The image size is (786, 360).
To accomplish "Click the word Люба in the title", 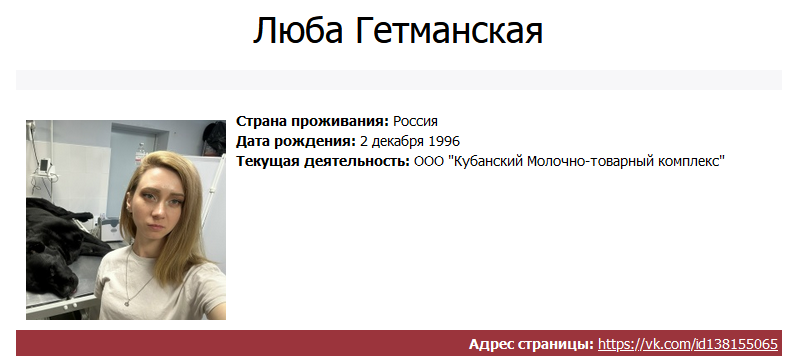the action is [298, 30].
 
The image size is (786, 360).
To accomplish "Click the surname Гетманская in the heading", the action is [450, 30].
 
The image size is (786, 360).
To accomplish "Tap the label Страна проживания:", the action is [312, 121].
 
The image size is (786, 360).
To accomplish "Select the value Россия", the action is [415, 121].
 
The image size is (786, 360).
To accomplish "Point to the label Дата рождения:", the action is [296, 141].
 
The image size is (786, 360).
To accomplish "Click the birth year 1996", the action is [444, 141].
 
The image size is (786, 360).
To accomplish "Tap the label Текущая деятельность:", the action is [323, 161].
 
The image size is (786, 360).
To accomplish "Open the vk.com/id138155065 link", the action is [688, 344].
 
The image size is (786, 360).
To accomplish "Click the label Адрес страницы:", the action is [531, 344].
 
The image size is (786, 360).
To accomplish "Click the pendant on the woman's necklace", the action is [127, 303].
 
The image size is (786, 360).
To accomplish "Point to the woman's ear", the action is [129, 207].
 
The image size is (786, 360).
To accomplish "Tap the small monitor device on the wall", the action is [45, 165].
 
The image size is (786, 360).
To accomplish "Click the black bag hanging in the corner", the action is [214, 137].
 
